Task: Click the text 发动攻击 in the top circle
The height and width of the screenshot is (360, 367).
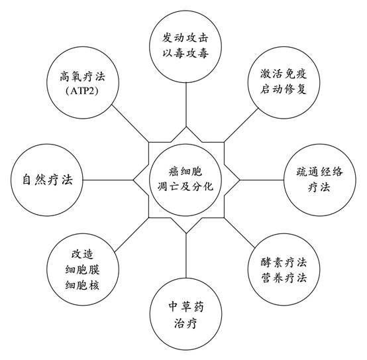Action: pyautogui.click(x=185, y=38)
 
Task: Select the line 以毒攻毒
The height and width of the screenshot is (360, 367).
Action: pyautogui.click(x=185, y=53)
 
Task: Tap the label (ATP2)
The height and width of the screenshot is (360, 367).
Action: pyautogui.click(x=82, y=91)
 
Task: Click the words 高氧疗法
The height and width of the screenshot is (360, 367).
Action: pyautogui.click(x=82, y=76)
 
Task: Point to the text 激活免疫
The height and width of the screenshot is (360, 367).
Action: pyautogui.click(x=284, y=74)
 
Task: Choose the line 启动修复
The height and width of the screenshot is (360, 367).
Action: pyautogui.click(x=284, y=89)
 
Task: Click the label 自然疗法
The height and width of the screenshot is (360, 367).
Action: pyautogui.click(x=47, y=180)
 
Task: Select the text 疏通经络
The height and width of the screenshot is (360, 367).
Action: pyautogui.click(x=319, y=172)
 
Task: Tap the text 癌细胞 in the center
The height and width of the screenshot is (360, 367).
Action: pyautogui.click(x=185, y=172)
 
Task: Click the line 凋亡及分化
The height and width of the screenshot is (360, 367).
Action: pyautogui.click(x=185, y=187)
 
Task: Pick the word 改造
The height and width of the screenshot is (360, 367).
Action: pyautogui.click(x=82, y=254)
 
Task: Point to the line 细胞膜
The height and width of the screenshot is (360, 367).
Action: pyautogui.click(x=82, y=269)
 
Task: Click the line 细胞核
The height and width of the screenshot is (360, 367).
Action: pyautogui.click(x=82, y=285)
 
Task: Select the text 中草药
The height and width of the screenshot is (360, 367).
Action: pyautogui.click(x=186, y=306)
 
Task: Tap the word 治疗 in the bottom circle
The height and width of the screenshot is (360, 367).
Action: pyautogui.click(x=185, y=324)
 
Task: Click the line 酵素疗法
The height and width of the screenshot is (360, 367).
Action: pyautogui.click(x=284, y=263)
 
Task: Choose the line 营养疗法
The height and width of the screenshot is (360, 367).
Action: pyautogui.click(x=284, y=278)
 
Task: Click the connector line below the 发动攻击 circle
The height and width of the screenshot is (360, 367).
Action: pyautogui.click(x=186, y=105)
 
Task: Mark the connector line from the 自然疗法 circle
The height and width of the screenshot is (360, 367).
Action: pyautogui.click(x=108, y=180)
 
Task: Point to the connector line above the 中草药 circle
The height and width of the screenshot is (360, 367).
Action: pyautogui.click(x=186, y=255)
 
